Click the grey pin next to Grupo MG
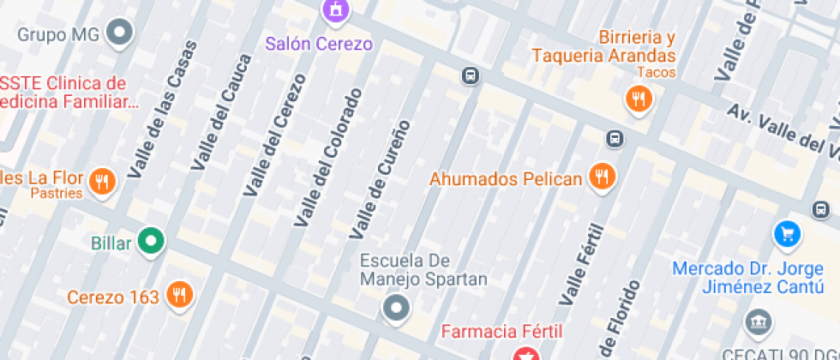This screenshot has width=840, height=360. (x=121, y=34)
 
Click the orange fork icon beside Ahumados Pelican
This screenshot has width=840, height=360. (x=603, y=178)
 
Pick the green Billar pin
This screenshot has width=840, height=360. (x=152, y=242)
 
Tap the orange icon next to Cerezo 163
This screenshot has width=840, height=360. (x=179, y=296)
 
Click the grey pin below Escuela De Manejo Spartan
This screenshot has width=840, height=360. (x=396, y=307)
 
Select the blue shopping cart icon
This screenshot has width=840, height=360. (x=786, y=232)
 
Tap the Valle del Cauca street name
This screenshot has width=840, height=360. (x=221, y=111)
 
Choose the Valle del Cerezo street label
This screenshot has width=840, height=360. (x=274, y=135)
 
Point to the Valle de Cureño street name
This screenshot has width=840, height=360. (x=380, y=178)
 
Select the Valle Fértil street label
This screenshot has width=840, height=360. (x=582, y=265)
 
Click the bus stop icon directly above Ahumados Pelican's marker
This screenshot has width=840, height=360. (x=615, y=138)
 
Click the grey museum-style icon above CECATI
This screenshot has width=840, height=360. (x=757, y=323)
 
